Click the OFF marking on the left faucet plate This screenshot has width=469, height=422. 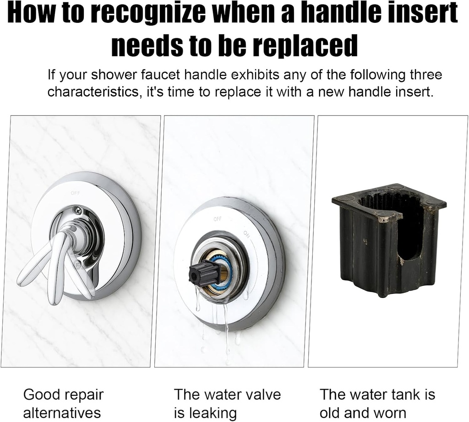coord(75,193)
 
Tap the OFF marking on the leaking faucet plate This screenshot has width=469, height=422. coord(217,219)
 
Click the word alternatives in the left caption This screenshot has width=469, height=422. coord(62,412)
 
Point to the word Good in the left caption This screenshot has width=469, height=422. coord(41,395)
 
